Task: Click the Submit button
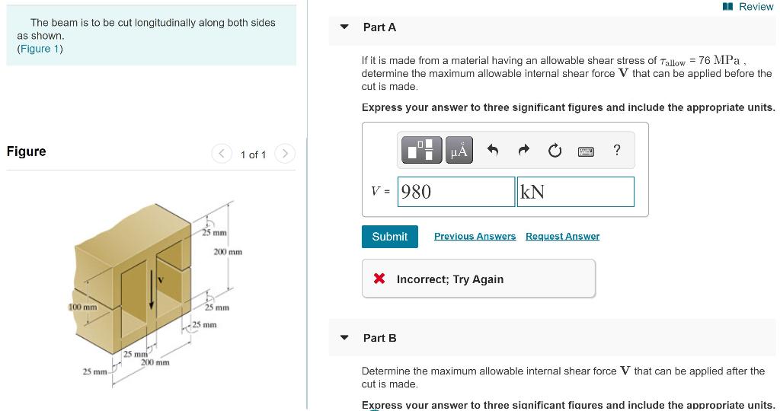pos(389,237)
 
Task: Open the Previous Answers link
pos(475,237)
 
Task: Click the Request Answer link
pos(562,237)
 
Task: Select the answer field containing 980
pos(456,192)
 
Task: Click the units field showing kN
pos(575,192)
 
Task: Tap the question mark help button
pos(616,151)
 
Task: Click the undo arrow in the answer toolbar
pos(493,151)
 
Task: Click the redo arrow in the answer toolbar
pos(524,151)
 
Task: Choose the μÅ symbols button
pos(459,151)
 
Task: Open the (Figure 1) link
pos(40,49)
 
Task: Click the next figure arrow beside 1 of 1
pos(284,155)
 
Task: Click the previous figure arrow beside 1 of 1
pos(222,155)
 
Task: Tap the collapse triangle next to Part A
pos(344,27)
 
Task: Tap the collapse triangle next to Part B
pos(344,338)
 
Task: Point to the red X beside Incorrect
pos(379,279)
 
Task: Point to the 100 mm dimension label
pos(83,307)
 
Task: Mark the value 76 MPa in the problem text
pos(721,60)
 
